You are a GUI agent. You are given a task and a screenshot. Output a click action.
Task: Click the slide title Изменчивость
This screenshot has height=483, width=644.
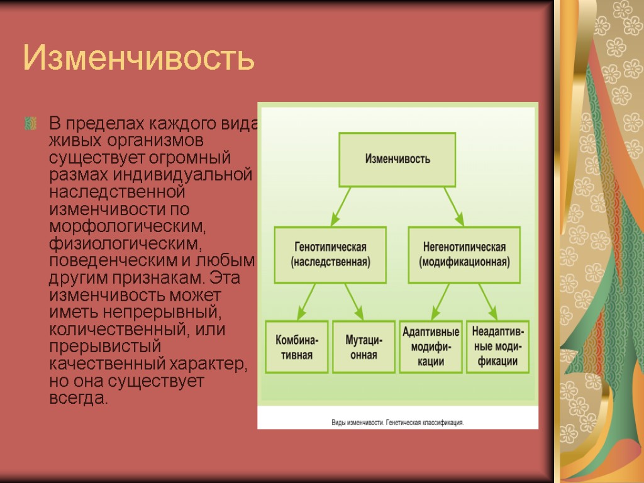[138, 58]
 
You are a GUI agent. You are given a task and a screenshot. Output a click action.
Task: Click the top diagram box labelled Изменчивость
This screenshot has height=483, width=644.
[397, 159]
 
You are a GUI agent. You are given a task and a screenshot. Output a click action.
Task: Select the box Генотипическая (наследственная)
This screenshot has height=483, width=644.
[330, 254]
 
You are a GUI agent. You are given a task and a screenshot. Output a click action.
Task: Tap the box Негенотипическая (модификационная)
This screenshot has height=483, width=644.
[464, 254]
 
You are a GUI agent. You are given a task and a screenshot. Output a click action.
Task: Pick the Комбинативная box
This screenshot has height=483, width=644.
[297, 347]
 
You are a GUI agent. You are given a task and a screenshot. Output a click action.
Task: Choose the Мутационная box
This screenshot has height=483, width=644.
[361, 347]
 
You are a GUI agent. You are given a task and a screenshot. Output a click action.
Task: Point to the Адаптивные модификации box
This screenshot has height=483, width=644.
[431, 347]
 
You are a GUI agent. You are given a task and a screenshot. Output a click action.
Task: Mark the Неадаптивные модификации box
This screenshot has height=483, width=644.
[497, 347]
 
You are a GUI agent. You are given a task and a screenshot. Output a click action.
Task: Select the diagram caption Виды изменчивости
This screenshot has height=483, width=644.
[397, 423]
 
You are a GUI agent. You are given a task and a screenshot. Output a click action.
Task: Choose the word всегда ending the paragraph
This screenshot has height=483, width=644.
[78, 398]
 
